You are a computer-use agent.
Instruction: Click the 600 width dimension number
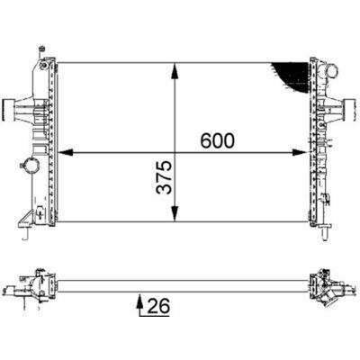[217, 140]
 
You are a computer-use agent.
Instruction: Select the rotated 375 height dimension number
[164, 177]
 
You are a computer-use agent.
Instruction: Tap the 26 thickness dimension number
[157, 306]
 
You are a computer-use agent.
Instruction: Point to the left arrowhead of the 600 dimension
[65, 153]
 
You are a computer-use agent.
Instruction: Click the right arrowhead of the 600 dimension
[301, 153]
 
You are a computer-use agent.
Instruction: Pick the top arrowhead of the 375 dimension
[175, 71]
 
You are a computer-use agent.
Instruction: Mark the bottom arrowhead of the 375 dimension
[175, 214]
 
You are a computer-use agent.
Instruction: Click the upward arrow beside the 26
[139, 305]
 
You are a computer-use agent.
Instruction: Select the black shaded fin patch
[292, 76]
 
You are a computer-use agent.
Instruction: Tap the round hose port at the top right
[332, 71]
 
